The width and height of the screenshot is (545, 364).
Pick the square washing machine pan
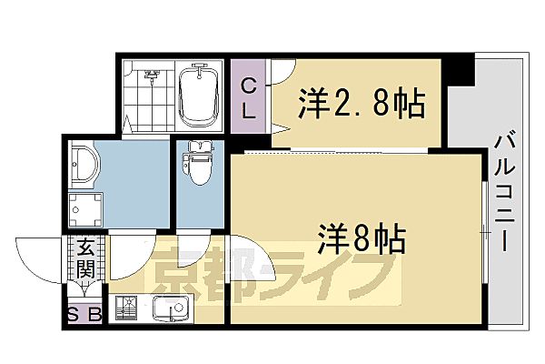click(87, 209)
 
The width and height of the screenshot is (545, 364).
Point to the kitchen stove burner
click(127, 310)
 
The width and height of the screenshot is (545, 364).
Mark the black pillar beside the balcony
click(461, 69)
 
